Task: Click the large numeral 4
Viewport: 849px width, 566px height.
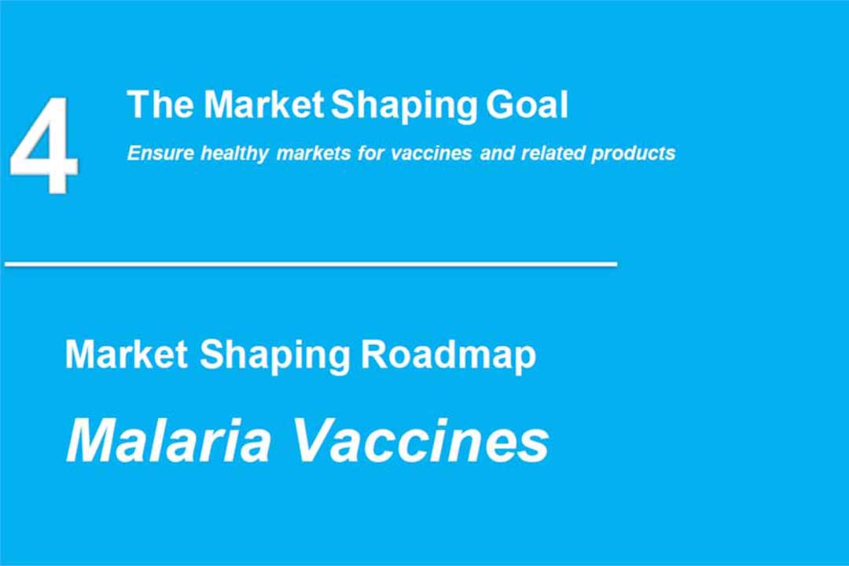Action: click(43, 145)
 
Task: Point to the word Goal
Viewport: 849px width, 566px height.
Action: click(527, 105)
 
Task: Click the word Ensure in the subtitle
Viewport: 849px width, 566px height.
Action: click(160, 153)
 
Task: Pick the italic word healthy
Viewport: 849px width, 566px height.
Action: click(234, 154)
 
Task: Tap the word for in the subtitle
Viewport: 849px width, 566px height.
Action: click(371, 153)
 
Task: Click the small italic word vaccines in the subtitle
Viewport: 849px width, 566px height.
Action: click(432, 153)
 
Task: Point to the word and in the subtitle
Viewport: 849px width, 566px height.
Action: click(497, 153)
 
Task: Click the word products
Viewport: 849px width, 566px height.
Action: click(634, 154)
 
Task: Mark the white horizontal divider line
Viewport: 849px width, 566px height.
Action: click(311, 264)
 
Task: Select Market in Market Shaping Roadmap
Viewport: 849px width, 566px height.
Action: click(127, 355)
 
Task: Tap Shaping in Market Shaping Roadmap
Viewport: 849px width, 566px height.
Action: click(275, 356)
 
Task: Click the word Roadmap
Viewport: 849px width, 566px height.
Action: click(448, 356)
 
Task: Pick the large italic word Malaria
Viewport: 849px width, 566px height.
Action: click(168, 440)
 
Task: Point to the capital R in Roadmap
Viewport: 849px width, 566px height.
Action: click(373, 355)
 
